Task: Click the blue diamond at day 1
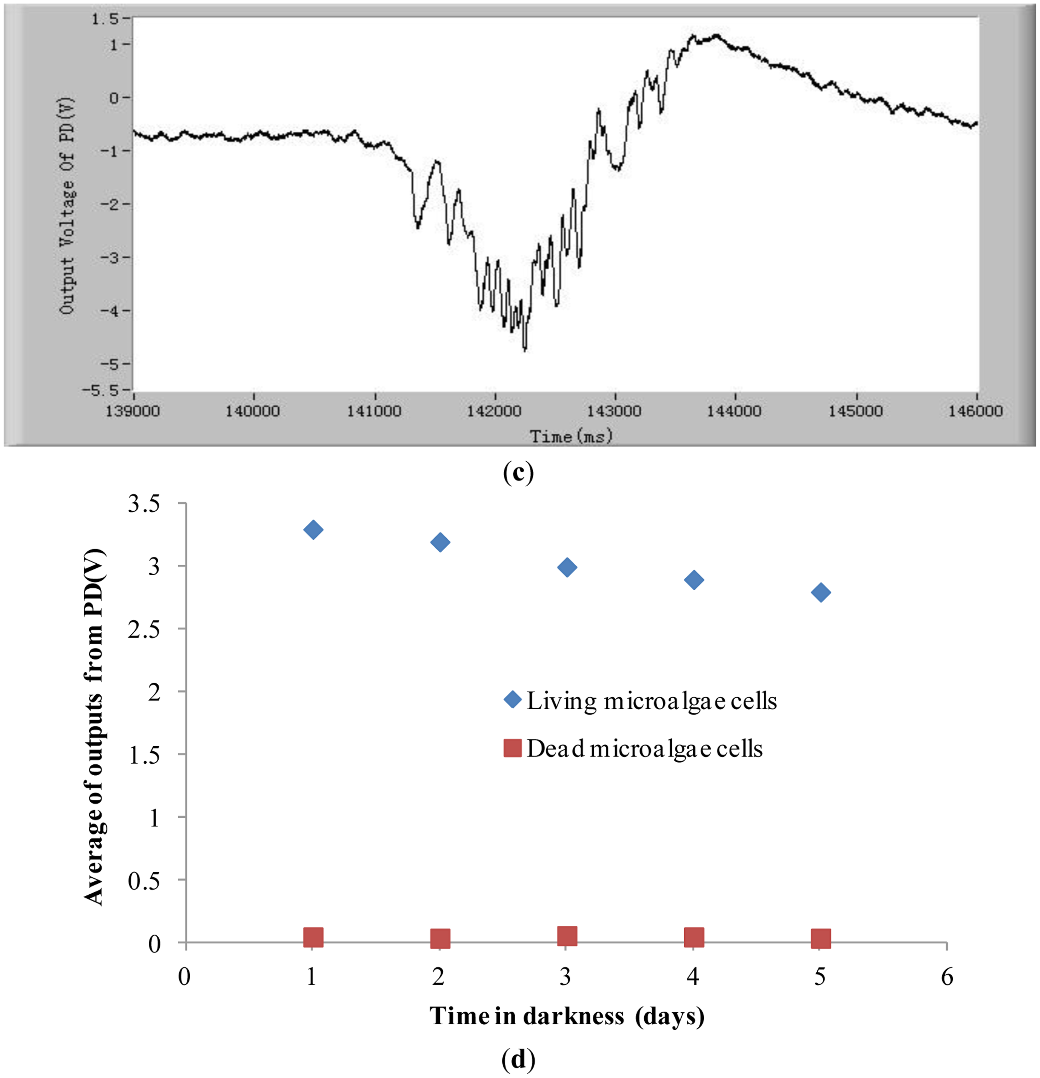tap(313, 530)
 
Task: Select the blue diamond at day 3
tap(567, 568)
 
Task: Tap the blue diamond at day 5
tap(820, 593)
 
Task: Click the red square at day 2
tap(440, 938)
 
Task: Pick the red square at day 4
tap(694, 937)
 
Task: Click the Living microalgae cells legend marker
tap(513, 700)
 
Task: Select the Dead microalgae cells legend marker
tap(513, 748)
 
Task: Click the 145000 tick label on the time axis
tap(855, 411)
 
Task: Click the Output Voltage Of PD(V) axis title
tap(67, 206)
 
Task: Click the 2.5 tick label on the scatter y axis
tap(144, 629)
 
